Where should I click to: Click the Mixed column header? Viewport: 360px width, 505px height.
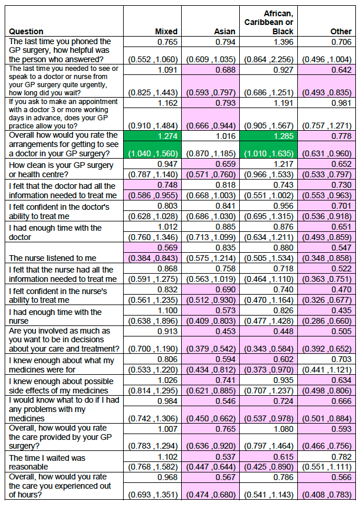(166, 31)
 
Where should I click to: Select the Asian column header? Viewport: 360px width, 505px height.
(225, 31)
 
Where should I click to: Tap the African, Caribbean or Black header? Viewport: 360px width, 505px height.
(269, 23)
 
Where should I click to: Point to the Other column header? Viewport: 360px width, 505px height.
(341, 31)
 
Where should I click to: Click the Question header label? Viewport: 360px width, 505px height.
(26, 31)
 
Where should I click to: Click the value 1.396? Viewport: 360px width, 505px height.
(283, 42)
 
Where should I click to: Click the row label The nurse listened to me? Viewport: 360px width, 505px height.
(52, 258)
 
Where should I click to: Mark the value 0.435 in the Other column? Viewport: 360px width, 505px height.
(341, 310)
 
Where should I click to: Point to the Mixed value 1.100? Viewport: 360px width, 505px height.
(167, 310)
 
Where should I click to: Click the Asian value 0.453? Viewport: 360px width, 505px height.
(225, 331)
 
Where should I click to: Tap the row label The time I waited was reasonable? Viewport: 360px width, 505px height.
(47, 462)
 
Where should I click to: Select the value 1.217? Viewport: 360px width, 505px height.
(283, 164)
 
